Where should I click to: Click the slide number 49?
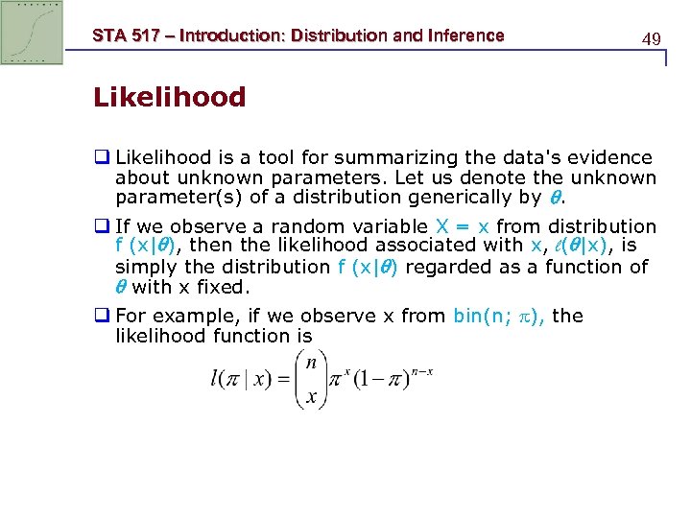point(651,39)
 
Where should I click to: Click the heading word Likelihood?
point(170,97)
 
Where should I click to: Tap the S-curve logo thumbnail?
point(32,33)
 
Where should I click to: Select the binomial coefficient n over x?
point(311,377)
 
